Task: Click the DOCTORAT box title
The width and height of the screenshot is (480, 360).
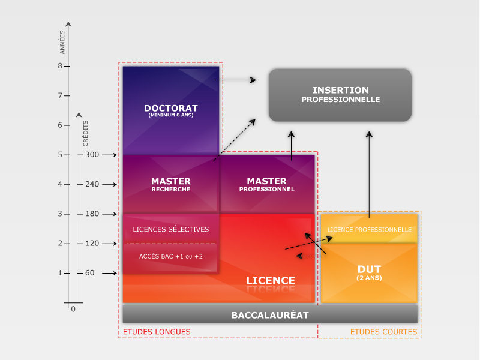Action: [171, 109]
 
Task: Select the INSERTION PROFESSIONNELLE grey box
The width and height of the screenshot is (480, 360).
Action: [340, 95]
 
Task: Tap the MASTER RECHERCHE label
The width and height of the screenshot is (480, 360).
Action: [171, 184]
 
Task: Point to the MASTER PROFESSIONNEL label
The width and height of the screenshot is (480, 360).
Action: [267, 184]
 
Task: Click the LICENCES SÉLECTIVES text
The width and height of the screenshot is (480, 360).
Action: [171, 229]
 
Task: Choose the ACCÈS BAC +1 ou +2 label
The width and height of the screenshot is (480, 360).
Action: [171, 257]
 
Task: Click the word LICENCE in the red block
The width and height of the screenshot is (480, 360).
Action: [271, 280]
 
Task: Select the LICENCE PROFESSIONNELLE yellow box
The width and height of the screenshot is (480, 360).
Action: [369, 230]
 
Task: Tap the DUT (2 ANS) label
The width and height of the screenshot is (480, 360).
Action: [369, 272]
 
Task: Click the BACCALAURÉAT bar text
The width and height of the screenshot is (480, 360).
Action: [270, 315]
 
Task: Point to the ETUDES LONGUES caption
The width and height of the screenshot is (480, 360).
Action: [157, 332]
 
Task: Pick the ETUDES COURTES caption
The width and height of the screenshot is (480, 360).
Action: [383, 332]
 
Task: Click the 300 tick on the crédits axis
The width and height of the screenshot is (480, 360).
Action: [92, 155]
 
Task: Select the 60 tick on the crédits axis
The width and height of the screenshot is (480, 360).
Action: [90, 273]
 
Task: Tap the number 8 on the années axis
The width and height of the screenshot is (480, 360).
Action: [60, 66]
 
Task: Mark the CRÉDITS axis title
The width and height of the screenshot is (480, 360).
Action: [86, 133]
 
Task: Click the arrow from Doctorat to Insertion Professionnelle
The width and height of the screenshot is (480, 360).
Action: [235, 79]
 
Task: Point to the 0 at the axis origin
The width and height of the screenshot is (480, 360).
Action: [73, 309]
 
